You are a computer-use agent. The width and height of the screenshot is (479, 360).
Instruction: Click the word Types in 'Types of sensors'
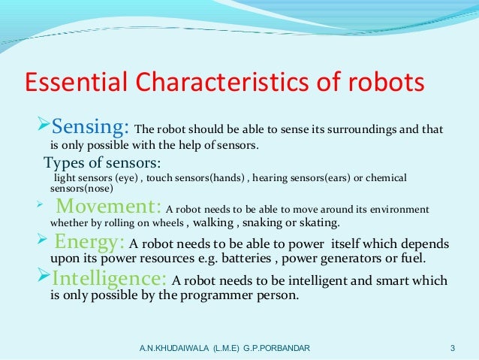pyautogui.click(x=63, y=164)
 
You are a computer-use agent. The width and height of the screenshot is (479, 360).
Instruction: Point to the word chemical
pyautogui.click(x=385, y=179)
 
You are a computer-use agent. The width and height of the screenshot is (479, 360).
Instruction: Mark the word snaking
pyautogui.click(x=267, y=224)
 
